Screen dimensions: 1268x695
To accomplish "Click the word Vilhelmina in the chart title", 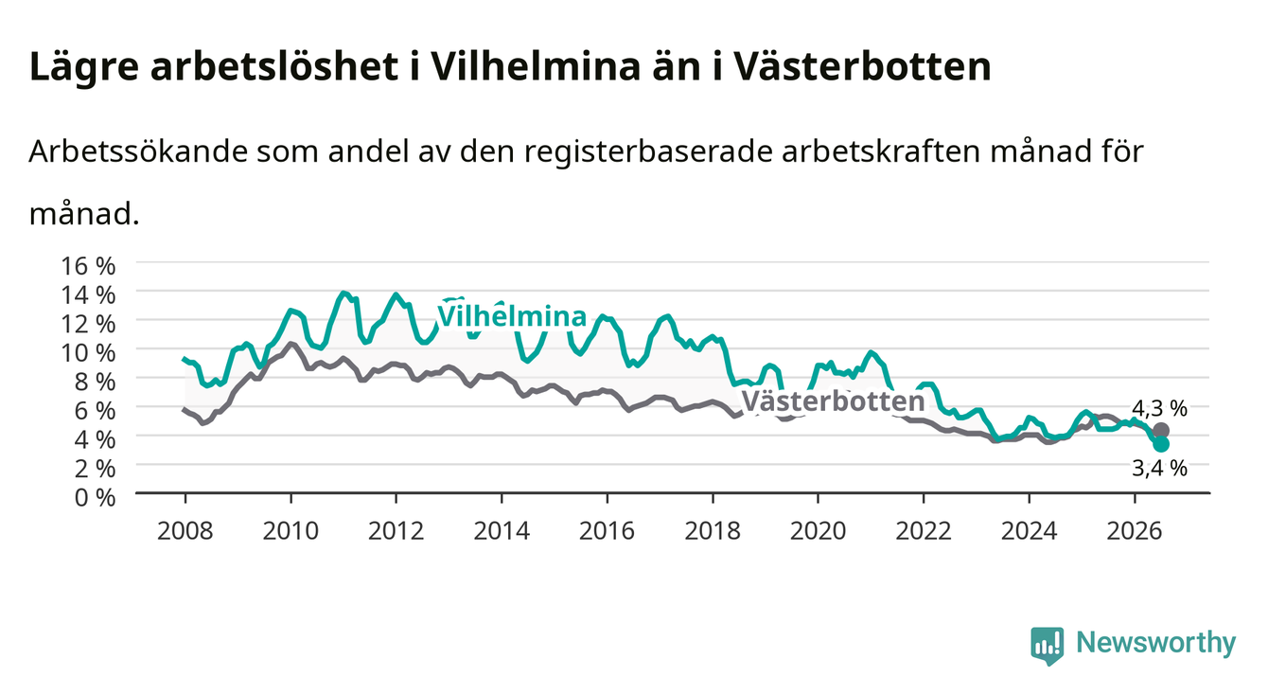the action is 536,67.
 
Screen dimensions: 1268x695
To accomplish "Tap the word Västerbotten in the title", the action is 861,67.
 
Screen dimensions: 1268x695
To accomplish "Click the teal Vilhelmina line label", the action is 512,315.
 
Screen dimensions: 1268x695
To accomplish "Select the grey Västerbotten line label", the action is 833,401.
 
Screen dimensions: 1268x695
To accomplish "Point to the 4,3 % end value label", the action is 1159,408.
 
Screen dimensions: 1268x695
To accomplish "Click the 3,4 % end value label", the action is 1159,468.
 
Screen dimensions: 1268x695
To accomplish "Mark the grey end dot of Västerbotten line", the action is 1160,431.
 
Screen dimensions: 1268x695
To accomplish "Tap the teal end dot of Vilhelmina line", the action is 1160,444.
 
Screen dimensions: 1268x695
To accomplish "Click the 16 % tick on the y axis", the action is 88,266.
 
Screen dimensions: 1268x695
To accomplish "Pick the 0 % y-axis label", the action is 95,497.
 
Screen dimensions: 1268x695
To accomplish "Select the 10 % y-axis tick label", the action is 88,352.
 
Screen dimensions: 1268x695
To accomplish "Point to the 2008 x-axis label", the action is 185,531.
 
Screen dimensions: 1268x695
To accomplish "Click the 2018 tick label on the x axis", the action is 713,531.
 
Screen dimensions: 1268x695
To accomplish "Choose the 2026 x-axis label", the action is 1134,531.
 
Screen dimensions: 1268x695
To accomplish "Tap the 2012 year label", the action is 396,531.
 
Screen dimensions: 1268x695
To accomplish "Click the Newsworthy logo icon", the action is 1047,646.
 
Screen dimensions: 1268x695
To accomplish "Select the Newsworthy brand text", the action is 1155,643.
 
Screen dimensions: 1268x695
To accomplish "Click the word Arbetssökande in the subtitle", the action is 138,151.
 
